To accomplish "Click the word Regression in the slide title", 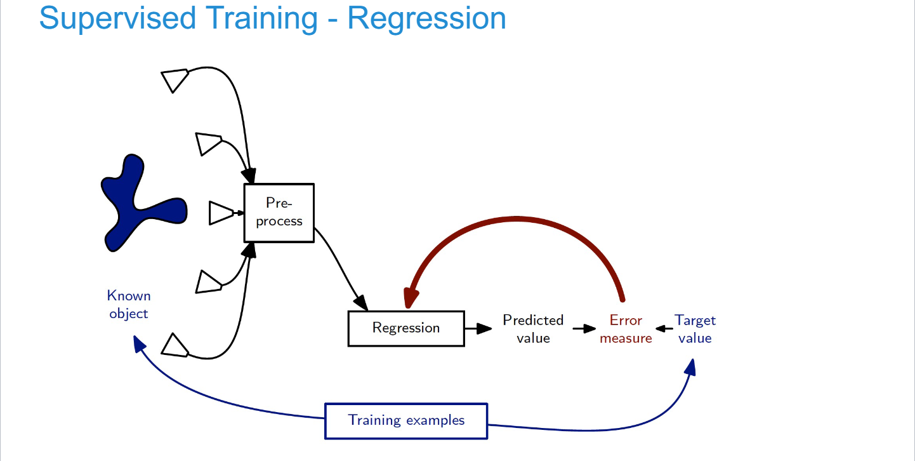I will [x=426, y=18].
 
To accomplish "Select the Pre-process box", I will [x=279, y=213].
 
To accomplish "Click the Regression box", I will [x=406, y=328].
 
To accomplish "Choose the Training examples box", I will [x=406, y=420].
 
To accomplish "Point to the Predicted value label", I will [x=533, y=329].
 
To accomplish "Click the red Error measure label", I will [x=626, y=329].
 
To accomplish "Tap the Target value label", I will [x=695, y=329].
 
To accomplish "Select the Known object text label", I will [x=129, y=305].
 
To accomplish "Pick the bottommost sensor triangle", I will [x=174, y=345].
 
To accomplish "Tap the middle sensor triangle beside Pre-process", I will [x=221, y=213].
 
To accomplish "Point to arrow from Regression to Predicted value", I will [x=479, y=328].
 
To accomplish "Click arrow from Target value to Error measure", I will [x=664, y=329].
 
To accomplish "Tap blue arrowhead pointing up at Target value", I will [x=691, y=367].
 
